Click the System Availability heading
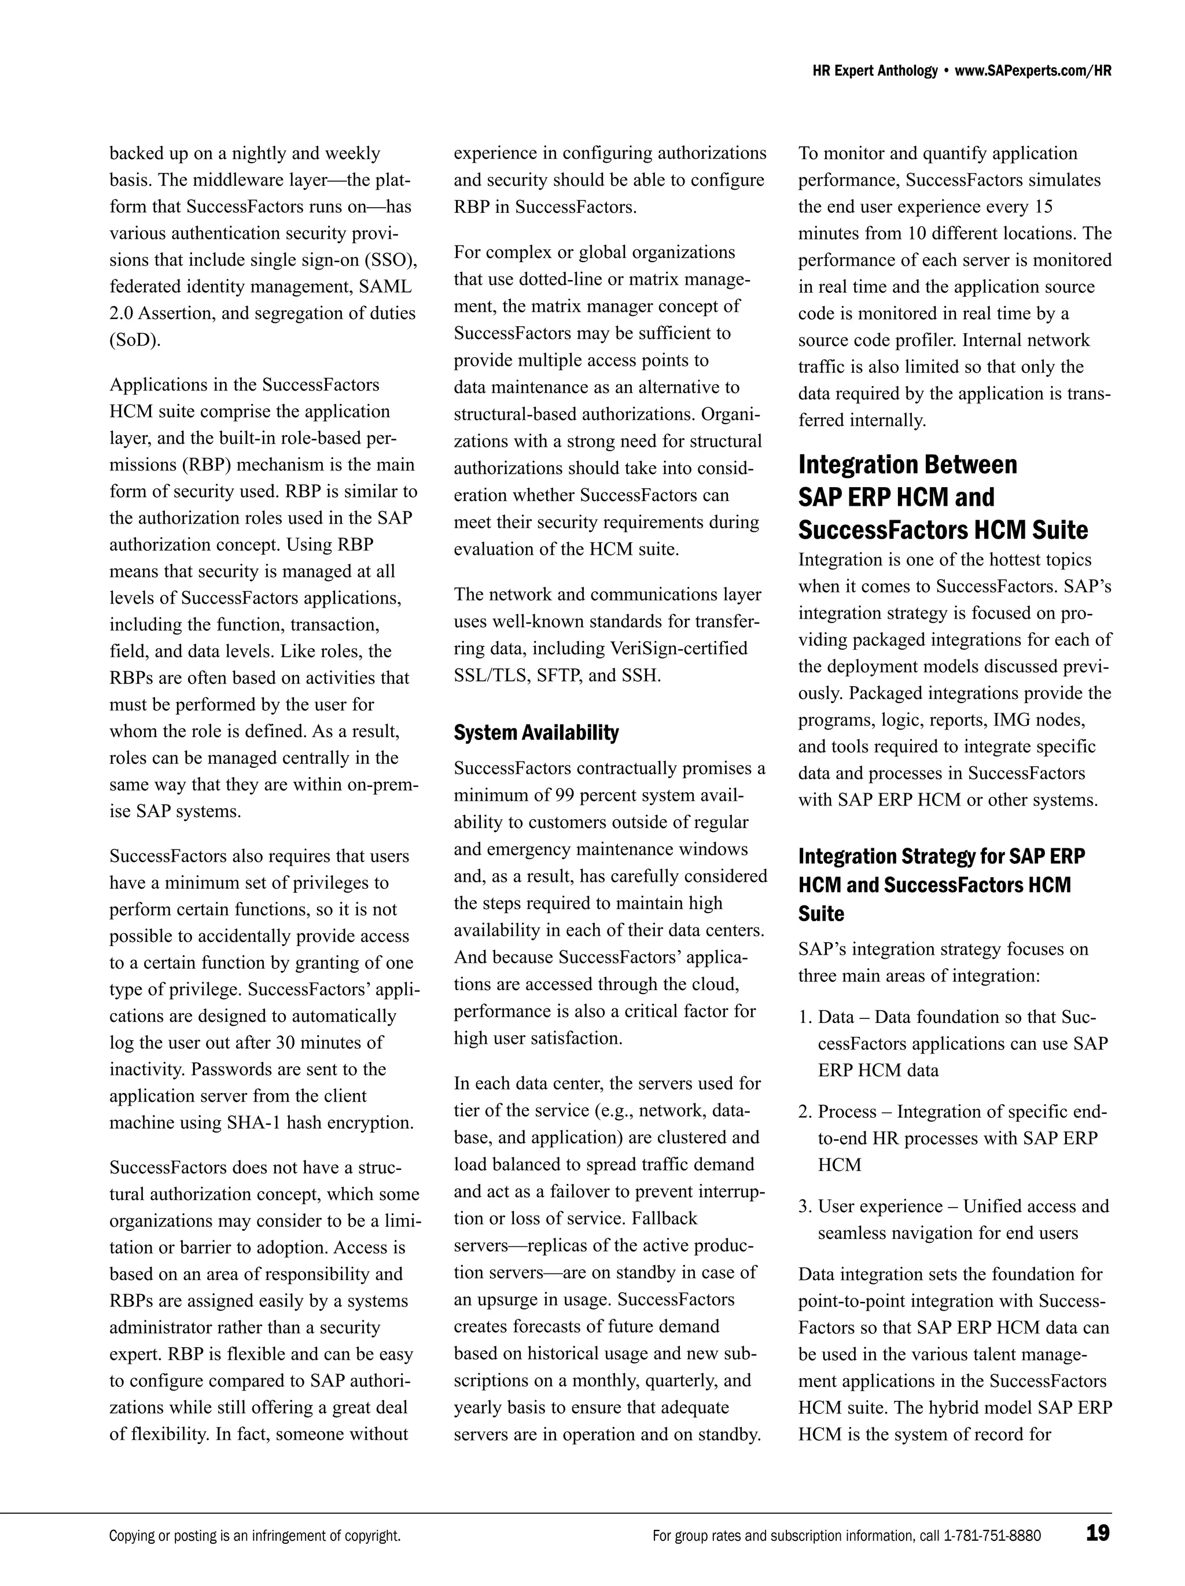click(536, 733)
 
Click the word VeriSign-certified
click(678, 648)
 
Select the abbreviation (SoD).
click(135, 340)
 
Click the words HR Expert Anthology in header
click(875, 71)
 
